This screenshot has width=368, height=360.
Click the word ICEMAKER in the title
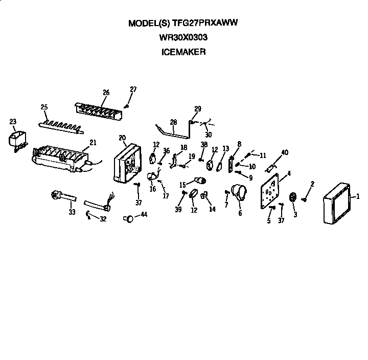[x=185, y=52]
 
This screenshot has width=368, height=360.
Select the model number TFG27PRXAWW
[x=206, y=23]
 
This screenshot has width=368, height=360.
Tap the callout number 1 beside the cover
[x=358, y=196]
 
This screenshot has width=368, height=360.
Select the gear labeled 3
[x=293, y=197]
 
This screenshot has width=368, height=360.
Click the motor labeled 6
[x=239, y=193]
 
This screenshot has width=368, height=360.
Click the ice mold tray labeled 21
[x=59, y=157]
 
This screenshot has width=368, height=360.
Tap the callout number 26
[x=106, y=93]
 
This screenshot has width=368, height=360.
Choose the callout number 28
[x=173, y=122]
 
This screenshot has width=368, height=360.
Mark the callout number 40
[x=285, y=152]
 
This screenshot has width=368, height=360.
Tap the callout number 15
[x=182, y=185]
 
